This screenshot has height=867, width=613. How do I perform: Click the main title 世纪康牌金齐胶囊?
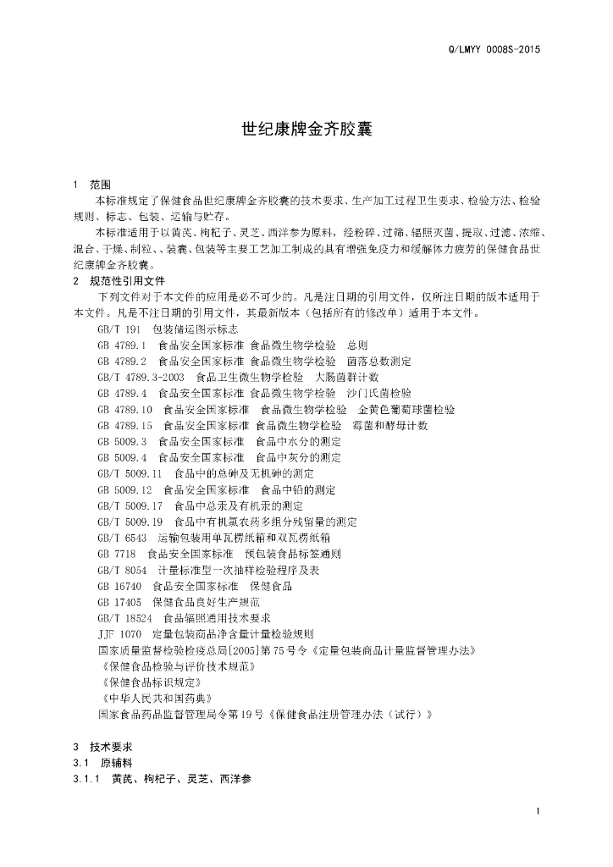tap(307, 130)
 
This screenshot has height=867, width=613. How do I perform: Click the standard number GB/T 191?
tap(118, 329)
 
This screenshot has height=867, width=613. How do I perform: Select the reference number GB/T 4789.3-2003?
tap(141, 377)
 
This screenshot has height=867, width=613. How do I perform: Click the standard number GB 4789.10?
tap(124, 410)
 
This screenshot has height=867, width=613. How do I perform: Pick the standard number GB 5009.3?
tap(122, 441)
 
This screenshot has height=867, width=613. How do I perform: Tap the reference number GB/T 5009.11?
tap(130, 473)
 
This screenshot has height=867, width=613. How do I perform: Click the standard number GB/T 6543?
tap(120, 538)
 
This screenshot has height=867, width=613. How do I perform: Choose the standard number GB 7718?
tap(114, 554)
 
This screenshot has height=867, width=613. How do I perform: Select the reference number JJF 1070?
tap(119, 634)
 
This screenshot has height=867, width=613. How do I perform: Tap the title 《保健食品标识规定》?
tap(149, 682)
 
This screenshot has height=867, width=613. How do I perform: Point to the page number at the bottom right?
tap(538, 812)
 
